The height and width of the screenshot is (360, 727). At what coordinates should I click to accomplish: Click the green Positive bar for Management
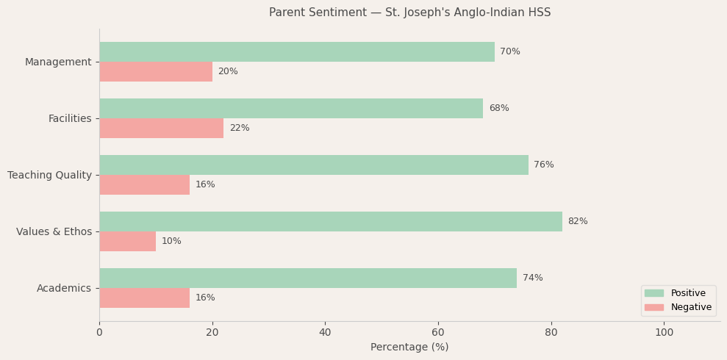tap(296, 52)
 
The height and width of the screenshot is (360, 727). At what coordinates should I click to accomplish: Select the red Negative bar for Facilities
tap(161, 129)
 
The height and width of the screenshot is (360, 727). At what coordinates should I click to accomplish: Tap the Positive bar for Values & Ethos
tap(330, 222)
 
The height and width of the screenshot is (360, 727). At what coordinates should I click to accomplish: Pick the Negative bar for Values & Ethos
tap(127, 242)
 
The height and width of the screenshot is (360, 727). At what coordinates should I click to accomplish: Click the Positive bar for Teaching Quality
tap(313, 165)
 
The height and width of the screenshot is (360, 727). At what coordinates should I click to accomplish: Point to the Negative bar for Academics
tap(144, 298)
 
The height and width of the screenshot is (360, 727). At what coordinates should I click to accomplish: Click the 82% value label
tap(578, 222)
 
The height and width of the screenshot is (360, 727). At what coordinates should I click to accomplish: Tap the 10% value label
tap(171, 242)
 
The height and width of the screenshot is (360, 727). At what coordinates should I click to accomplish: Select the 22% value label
tap(240, 129)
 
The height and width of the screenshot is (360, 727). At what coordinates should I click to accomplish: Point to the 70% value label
tap(510, 52)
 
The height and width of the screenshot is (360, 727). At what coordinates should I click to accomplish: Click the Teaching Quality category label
tap(49, 175)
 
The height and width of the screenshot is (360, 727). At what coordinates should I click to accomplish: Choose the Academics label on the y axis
tap(64, 288)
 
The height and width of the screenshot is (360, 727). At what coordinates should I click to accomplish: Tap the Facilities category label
tap(70, 118)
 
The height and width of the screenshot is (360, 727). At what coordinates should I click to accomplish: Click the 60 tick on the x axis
tap(438, 333)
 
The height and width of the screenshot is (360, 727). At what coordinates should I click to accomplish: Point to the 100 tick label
tap(664, 333)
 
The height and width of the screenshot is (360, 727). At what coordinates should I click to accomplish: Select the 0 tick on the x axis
tap(99, 333)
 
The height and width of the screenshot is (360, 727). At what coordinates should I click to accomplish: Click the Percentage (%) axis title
tap(409, 348)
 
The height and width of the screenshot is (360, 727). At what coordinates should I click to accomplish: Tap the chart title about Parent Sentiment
tap(409, 12)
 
